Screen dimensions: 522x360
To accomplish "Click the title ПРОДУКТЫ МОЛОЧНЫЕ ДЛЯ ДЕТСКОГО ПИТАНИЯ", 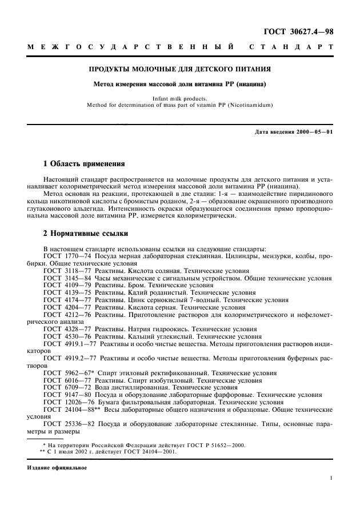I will point(179,70).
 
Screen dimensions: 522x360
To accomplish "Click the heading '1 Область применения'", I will point(84,163).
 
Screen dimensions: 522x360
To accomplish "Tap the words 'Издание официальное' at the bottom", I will point(57,468).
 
